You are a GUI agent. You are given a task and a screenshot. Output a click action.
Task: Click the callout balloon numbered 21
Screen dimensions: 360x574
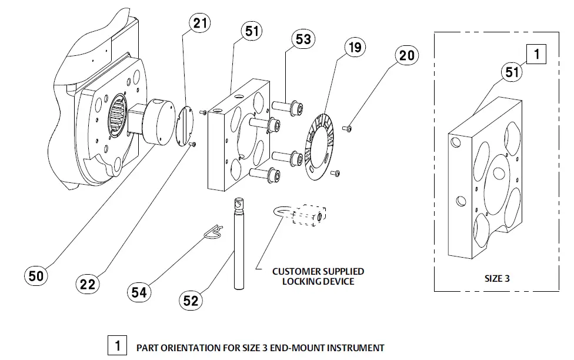199,24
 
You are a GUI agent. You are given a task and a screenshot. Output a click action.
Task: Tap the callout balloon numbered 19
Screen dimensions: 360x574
356,47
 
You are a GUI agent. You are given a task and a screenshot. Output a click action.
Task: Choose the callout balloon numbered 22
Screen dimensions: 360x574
88,284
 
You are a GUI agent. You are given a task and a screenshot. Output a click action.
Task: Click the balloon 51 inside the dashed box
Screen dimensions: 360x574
512,72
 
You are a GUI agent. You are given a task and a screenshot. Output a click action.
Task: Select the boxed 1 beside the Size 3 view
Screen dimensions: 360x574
536,55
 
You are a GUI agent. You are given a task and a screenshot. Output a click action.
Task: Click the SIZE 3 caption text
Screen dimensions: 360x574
497,278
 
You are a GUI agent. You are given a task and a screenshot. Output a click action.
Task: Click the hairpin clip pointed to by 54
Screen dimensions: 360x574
213,232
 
